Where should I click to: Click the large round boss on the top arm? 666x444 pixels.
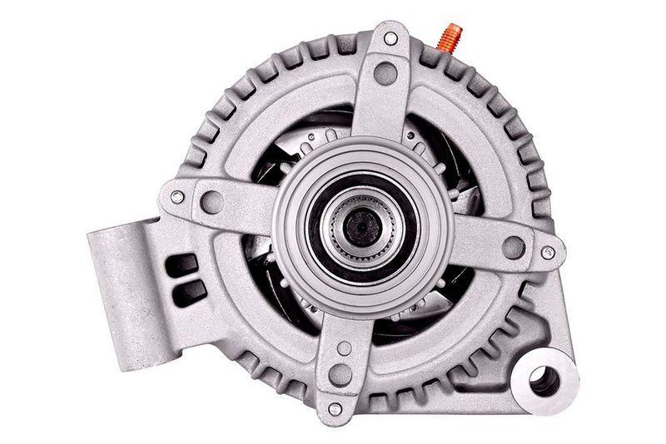385,74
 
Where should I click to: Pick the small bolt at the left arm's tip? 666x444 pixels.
176,197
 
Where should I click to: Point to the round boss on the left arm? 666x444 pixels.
212,202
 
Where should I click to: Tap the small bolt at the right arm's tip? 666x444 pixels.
548,252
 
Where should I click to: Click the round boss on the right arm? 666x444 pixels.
514,247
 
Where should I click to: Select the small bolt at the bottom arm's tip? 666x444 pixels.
335,409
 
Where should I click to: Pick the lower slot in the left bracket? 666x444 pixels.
191,289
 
